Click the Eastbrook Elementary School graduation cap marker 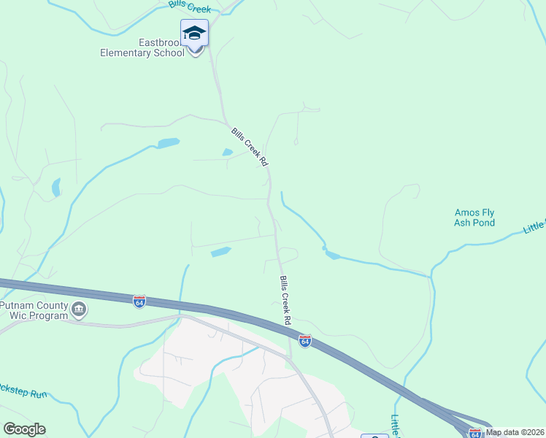pyautogui.click(x=194, y=34)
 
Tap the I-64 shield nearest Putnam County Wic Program pyautogui.click(x=139, y=301)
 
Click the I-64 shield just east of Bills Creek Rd pyautogui.click(x=305, y=341)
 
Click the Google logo pyautogui.click(x=24, y=429)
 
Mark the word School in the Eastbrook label pyautogui.click(x=168, y=53)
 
